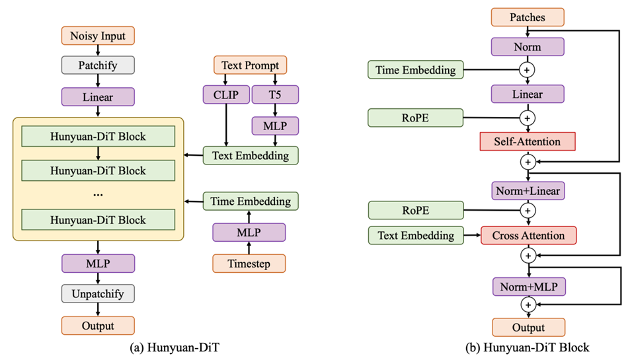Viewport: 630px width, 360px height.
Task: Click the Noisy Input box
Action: pyautogui.click(x=98, y=35)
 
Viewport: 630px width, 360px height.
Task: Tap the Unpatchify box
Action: pyautogui.click(x=98, y=293)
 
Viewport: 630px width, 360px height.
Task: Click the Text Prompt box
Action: pyautogui.click(x=250, y=65)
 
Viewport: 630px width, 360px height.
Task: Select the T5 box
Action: pyautogui.click(x=274, y=95)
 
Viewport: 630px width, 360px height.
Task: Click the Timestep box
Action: pyautogui.click(x=250, y=264)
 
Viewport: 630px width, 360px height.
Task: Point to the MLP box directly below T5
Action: pyautogui.click(x=274, y=126)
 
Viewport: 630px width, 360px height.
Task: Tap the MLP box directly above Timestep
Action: pyautogui.click(x=250, y=233)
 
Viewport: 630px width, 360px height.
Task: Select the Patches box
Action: pyautogui.click(x=528, y=17)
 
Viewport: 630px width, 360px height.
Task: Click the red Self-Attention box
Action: pyautogui.click(x=528, y=141)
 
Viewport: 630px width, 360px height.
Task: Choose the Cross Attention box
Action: pyautogui.click(x=528, y=236)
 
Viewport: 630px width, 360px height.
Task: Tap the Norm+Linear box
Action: pyautogui.click(x=528, y=192)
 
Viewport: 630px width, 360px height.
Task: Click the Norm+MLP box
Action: pyautogui.click(x=528, y=287)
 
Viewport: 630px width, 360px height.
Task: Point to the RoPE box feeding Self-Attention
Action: pyautogui.click(x=415, y=119)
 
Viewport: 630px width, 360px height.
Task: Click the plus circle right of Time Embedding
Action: pyautogui.click(x=528, y=69)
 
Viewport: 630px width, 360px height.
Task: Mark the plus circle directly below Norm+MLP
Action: pyautogui.click(x=528, y=305)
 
